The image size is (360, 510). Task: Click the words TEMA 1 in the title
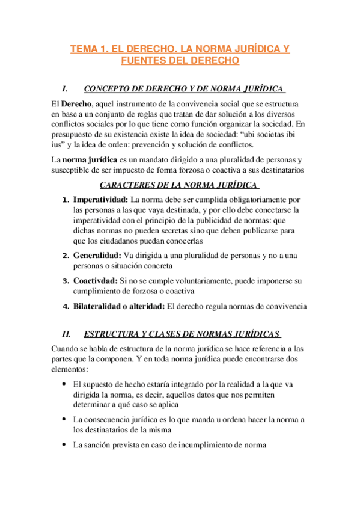click(90, 48)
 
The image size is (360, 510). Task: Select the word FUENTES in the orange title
click(142, 61)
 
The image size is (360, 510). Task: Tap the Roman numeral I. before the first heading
click(66, 89)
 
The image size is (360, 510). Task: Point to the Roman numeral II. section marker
click(67, 334)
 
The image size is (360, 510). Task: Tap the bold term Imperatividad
click(100, 199)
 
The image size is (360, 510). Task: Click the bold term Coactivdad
click(94, 281)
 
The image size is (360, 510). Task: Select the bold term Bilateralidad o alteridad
click(118, 306)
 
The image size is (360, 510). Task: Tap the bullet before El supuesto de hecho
click(64, 384)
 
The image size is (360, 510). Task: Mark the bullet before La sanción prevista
click(64, 445)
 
